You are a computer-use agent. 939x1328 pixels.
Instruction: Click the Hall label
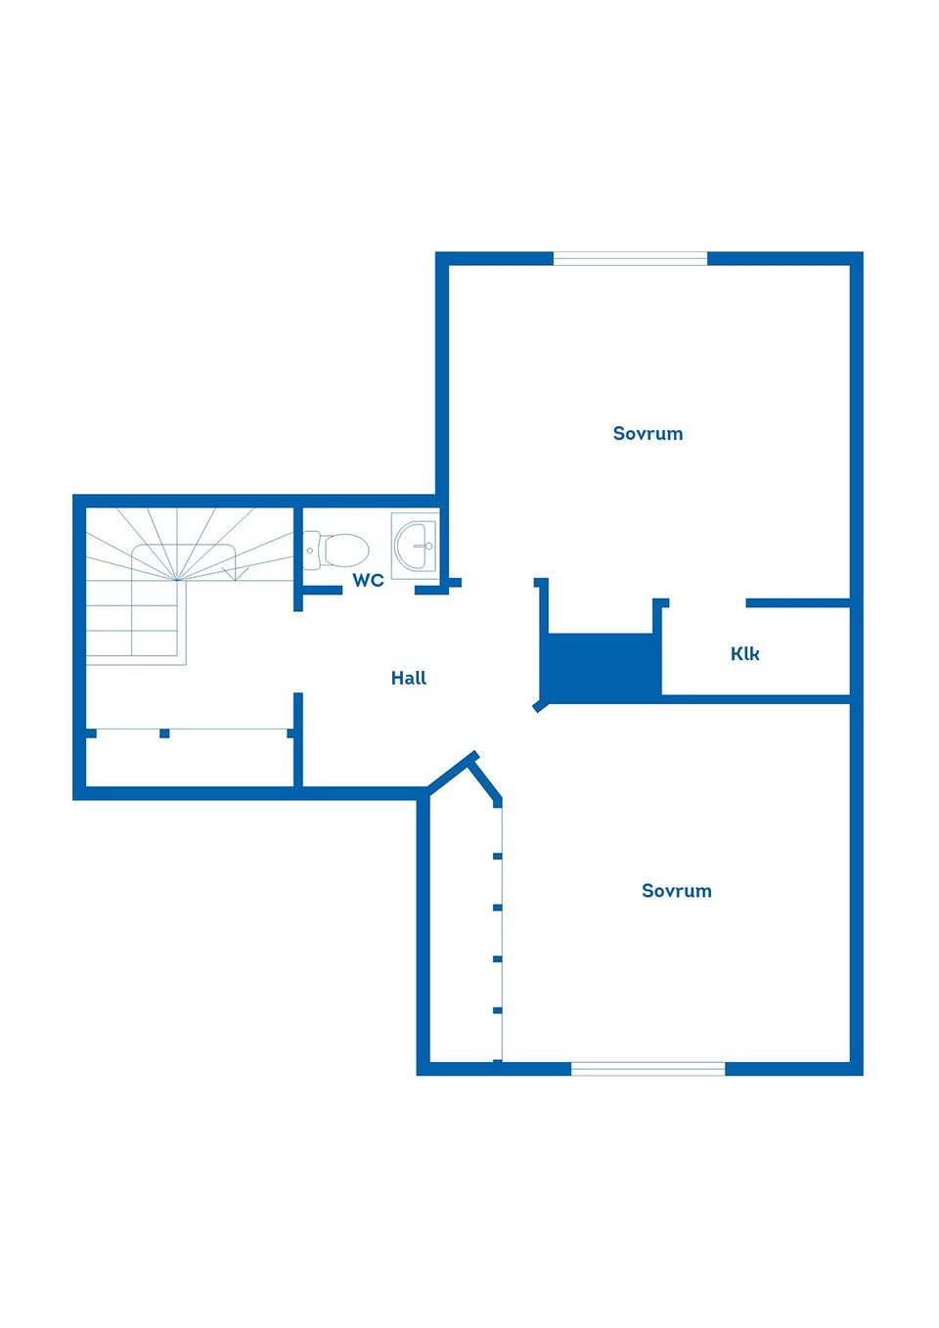[409, 678]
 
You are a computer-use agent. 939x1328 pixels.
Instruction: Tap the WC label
[368, 580]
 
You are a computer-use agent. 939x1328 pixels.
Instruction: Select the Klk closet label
[744, 653]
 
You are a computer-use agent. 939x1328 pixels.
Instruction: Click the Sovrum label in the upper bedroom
[648, 433]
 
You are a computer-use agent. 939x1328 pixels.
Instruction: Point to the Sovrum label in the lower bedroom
[677, 891]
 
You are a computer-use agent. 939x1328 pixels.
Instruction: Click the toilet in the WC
[335, 551]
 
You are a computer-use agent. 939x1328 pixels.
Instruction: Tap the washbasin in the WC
[415, 546]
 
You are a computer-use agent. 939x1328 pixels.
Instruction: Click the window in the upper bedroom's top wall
[630, 258]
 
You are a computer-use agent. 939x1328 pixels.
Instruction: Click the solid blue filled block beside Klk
[602, 667]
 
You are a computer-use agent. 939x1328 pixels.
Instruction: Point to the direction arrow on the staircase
[236, 574]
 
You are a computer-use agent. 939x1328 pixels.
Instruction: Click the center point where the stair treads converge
[177, 580]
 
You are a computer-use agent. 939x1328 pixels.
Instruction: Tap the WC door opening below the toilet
[379, 590]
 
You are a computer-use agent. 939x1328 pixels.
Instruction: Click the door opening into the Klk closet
[708, 603]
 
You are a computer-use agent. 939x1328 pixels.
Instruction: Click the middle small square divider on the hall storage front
[164, 733]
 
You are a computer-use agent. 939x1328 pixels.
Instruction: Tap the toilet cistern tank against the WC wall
[312, 551]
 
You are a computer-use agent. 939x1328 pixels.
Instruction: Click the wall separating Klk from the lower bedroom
[756, 699]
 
